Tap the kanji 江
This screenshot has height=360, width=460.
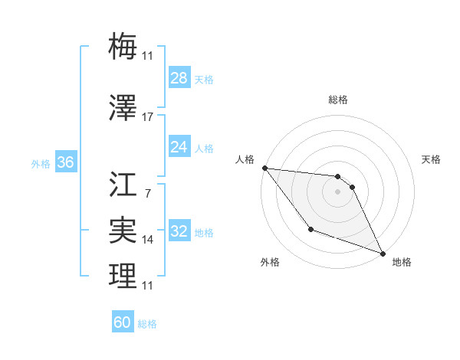point(123,184)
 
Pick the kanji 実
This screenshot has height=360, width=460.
point(123,229)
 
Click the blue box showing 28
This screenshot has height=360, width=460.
point(179,78)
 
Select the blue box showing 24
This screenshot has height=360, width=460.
point(179,147)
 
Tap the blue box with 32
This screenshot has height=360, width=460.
point(179,232)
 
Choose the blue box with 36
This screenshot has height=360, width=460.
point(65,162)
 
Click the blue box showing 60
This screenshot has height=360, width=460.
point(123,322)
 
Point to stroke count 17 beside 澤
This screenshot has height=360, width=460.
point(148,117)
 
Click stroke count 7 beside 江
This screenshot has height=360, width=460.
point(148,193)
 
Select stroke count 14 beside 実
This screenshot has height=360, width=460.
point(148,240)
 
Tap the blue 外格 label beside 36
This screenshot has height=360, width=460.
point(41,163)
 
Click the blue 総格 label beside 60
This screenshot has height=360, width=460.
point(147,324)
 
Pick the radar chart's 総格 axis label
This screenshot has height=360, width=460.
point(338,100)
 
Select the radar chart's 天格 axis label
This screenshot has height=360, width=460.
point(432,159)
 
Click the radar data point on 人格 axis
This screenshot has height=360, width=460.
point(264,168)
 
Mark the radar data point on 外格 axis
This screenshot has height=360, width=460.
point(310,229)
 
